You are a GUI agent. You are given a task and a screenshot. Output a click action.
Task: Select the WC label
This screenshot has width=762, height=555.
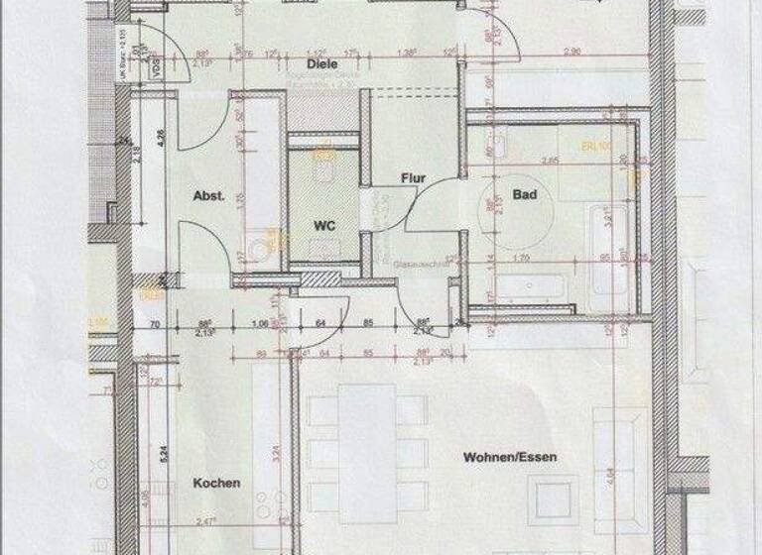point(325,225)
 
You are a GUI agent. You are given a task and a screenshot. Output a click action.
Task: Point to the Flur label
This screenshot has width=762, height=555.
point(413,179)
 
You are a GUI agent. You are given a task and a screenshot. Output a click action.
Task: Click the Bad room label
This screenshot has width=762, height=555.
point(525,195)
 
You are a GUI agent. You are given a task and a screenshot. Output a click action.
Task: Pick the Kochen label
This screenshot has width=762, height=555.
point(216,484)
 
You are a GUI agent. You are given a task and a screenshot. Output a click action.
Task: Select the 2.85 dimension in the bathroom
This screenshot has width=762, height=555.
point(542,160)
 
